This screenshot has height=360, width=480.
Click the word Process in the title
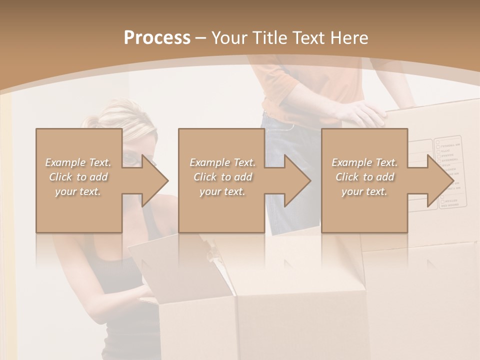pos(157,37)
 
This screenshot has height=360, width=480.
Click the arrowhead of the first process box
pos(154,180)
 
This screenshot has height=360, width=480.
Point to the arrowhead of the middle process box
pos(297,180)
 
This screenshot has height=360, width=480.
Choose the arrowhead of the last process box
pos(440,180)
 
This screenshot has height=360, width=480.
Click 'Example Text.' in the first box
pos(78,162)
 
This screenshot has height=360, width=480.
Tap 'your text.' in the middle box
pos(222,191)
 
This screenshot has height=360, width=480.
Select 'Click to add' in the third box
pos(364,177)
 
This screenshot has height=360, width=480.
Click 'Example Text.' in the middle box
pos(222,162)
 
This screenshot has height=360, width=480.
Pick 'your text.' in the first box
pos(78,191)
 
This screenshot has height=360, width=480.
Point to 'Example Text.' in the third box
pos(364,162)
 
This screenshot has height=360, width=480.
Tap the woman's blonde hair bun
pos(92,121)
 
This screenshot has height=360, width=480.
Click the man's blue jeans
pos(290,210)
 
